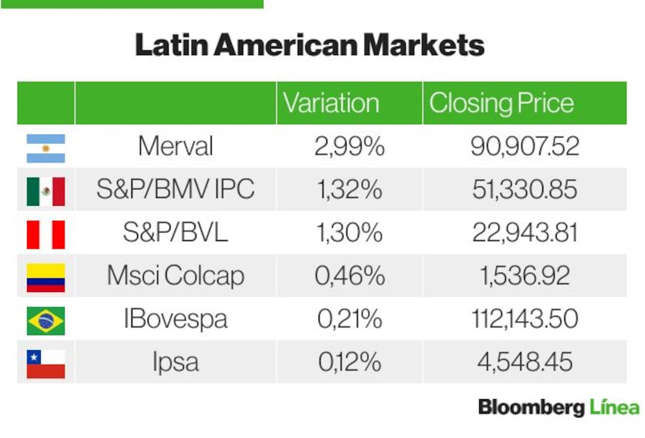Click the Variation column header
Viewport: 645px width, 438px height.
click(331, 103)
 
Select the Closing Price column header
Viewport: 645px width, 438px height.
click(501, 103)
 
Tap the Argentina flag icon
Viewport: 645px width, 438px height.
click(46, 149)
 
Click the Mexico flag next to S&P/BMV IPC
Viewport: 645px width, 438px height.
click(46, 192)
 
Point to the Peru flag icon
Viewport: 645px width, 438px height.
click(46, 235)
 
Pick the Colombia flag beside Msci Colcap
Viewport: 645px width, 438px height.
click(46, 278)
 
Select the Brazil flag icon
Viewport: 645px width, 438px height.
click(46, 321)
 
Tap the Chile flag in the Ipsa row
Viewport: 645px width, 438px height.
click(46, 364)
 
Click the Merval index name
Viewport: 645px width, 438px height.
click(175, 146)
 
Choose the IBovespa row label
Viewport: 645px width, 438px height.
click(175, 319)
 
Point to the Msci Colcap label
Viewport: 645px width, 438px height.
click(175, 276)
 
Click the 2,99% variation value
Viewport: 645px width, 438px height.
click(350, 146)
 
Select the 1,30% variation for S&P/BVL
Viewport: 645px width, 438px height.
click(350, 233)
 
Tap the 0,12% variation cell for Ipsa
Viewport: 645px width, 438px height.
click(350, 362)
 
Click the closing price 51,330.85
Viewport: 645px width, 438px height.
click(525, 189)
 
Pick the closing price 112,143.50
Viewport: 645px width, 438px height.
click(525, 319)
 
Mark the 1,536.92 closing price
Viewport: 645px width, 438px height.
click(525, 276)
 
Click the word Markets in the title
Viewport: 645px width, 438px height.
click(424, 45)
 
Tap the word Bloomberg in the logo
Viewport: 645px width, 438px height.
click(531, 408)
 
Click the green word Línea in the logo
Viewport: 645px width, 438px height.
click(615, 407)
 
